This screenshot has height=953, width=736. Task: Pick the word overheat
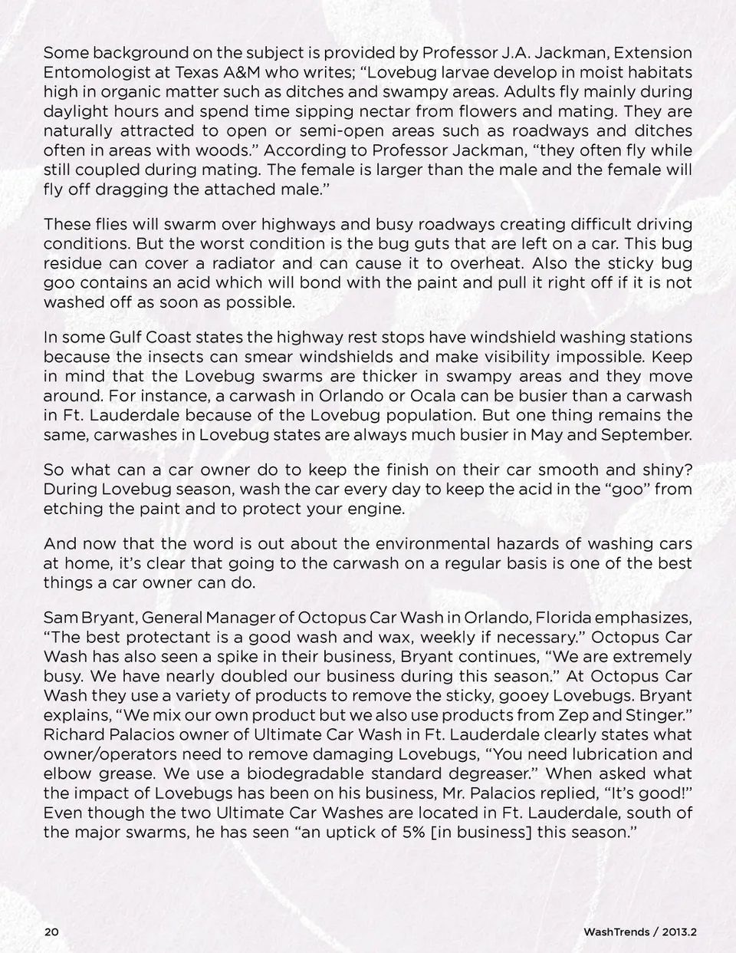pyautogui.click(x=488, y=263)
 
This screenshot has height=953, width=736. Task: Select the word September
pyautogui.click(x=646, y=435)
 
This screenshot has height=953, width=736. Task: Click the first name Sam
pyautogui.click(x=58, y=618)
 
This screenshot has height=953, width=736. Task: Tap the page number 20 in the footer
pyautogui.click(x=51, y=932)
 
